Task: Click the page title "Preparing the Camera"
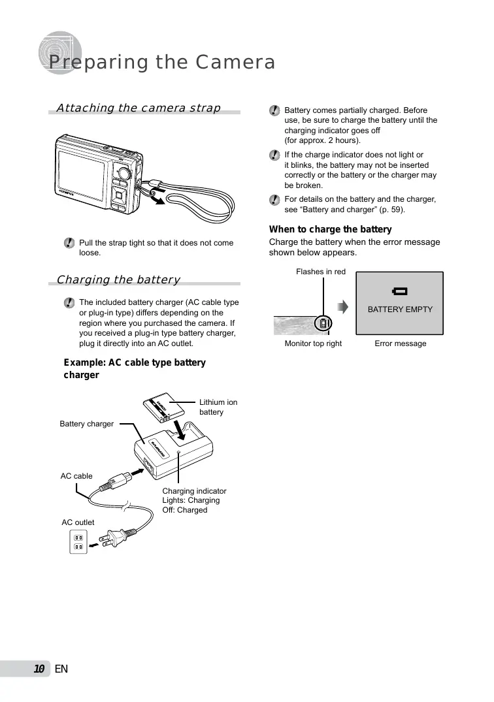[162, 63]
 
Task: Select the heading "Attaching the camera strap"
[139, 108]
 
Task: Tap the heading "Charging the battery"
[118, 279]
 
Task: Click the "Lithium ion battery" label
[218, 407]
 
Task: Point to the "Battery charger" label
[86, 424]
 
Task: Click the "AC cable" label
[76, 476]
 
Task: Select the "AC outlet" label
[78, 522]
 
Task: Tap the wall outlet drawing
[78, 542]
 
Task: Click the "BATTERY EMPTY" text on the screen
[400, 309]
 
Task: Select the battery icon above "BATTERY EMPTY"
[399, 291]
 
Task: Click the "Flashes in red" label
[321, 271]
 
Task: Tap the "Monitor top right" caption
[313, 343]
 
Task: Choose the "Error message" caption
[400, 343]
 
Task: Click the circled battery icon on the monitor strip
[323, 324]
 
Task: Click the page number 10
[39, 669]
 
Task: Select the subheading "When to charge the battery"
[331, 229]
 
